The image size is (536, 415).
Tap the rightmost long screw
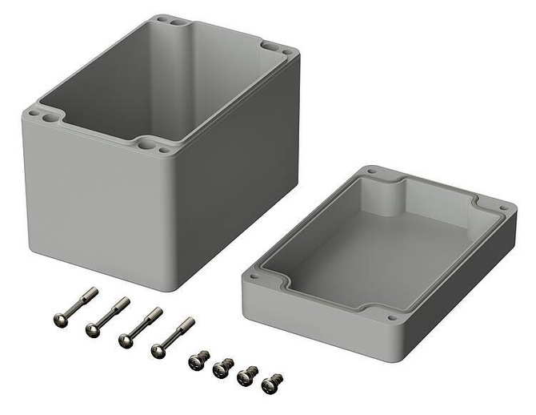pos(172,337)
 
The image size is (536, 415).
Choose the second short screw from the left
pos(222,369)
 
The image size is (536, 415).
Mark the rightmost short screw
pos(271,384)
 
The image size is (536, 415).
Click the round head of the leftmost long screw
pos(61,320)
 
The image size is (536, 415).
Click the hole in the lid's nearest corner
pos(391,317)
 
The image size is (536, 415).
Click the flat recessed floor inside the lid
pos(376,248)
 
